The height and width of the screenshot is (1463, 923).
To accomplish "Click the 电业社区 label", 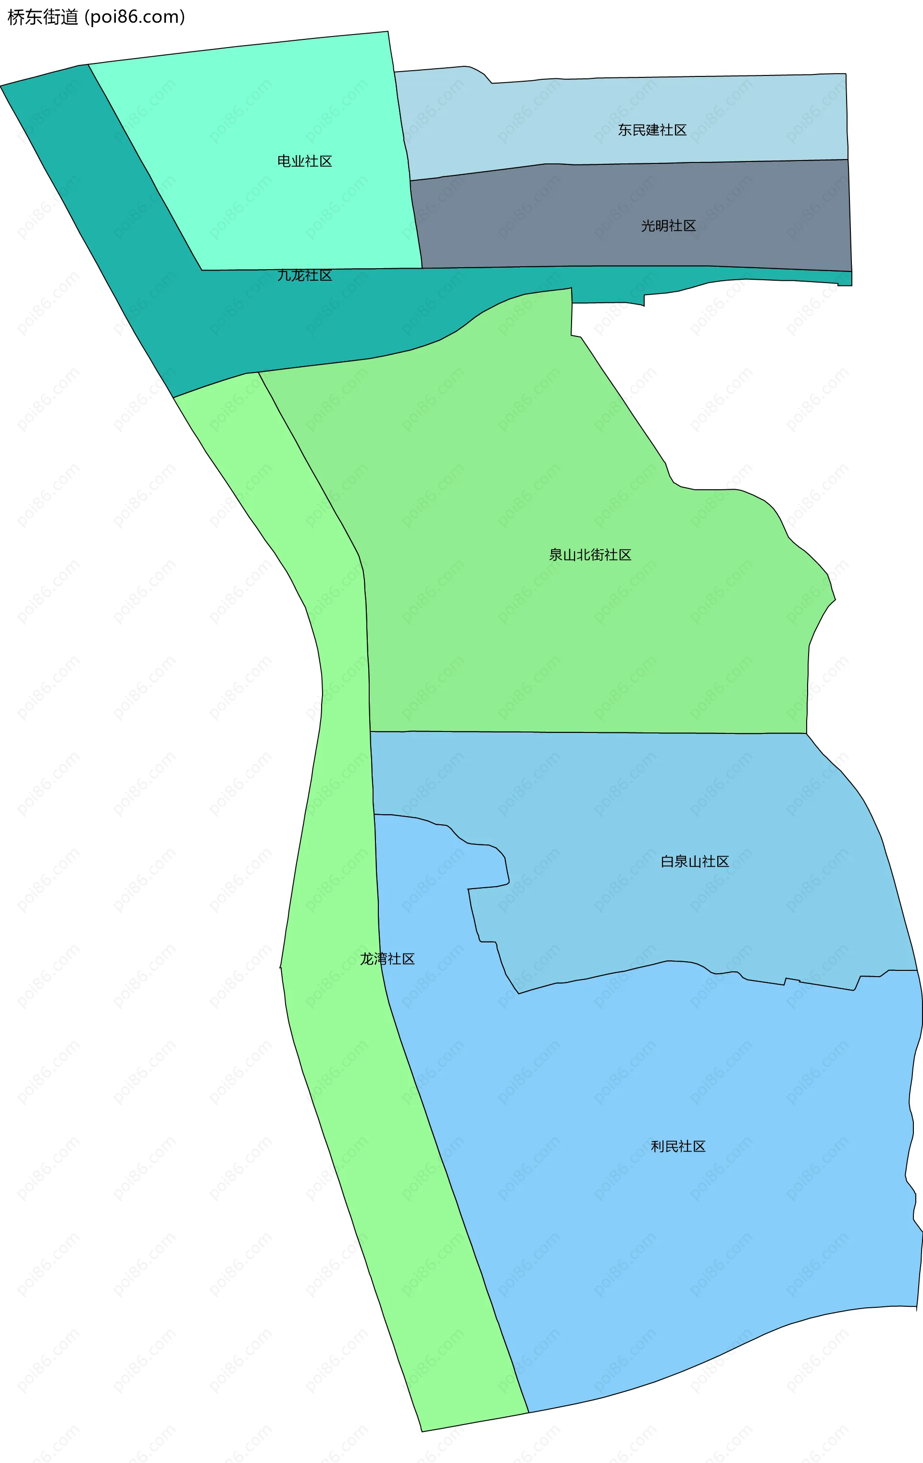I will (x=304, y=161).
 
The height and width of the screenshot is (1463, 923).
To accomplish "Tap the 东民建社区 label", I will (x=652, y=130).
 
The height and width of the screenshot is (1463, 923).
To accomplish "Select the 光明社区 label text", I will (x=668, y=226).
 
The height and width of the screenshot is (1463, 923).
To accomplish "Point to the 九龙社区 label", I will (x=304, y=275).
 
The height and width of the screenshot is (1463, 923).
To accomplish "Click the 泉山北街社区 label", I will (x=589, y=555).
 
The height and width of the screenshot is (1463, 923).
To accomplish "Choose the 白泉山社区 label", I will (x=695, y=862).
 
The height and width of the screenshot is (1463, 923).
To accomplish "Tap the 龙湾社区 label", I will (x=387, y=959).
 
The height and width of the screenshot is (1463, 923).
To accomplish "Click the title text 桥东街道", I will (x=42, y=17).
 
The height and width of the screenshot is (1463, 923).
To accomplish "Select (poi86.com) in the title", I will (x=135, y=17).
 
